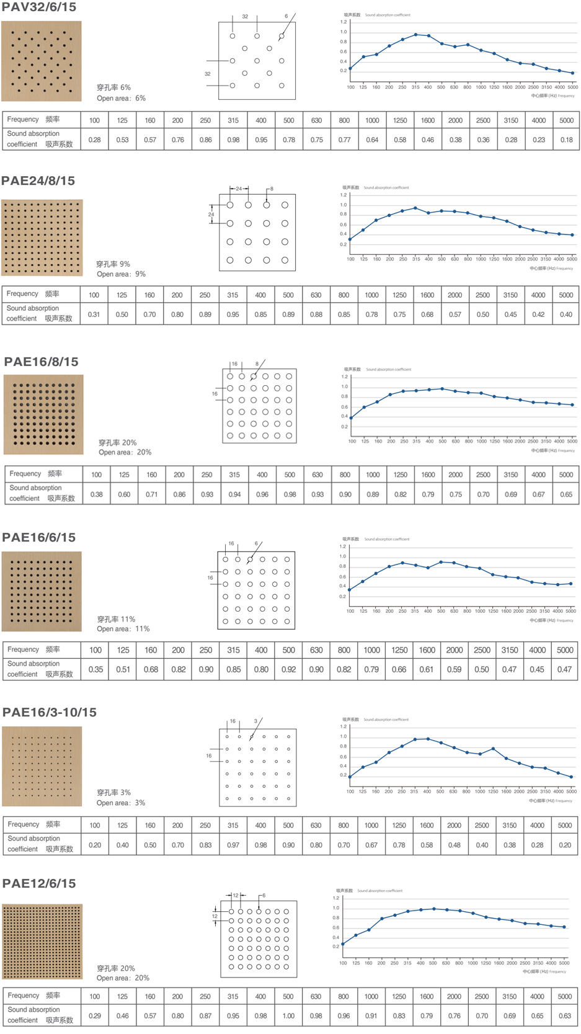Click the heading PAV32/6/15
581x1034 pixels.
click(39, 7)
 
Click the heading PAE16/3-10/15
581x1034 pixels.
click(50, 713)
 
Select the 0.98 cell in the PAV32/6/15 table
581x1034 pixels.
click(233, 140)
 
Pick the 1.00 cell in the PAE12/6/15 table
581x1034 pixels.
click(288, 1016)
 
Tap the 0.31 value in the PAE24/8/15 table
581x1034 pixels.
click(94, 314)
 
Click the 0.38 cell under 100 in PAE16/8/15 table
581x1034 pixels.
click(97, 494)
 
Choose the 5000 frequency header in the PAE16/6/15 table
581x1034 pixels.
click(564, 650)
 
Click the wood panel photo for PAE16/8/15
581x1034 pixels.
click(43, 415)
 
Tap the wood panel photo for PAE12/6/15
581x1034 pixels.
click(42, 942)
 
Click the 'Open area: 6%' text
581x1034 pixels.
click(121, 99)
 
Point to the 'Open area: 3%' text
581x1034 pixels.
click(121, 803)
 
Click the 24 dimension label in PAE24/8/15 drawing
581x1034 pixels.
click(211, 215)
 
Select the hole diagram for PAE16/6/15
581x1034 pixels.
click(256, 591)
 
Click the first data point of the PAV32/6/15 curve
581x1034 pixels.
click(350, 69)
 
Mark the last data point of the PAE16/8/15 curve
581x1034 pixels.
click(572, 405)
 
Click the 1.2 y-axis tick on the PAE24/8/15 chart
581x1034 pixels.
click(344, 195)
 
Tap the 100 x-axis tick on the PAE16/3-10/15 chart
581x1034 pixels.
click(350, 791)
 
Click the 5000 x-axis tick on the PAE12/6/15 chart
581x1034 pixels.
click(564, 963)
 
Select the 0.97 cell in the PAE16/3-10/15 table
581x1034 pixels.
click(233, 845)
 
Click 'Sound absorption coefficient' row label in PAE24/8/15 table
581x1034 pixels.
click(40, 313)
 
